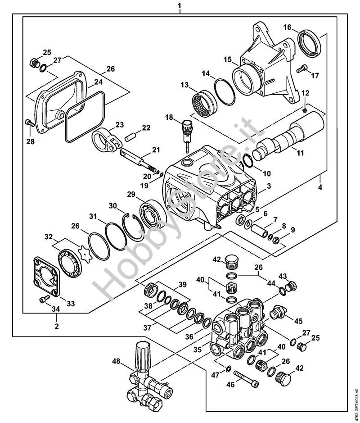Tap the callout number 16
[x=288, y=27]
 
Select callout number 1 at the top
[x=180, y=6]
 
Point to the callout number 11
[x=300, y=153]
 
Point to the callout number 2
[x=57, y=326]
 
